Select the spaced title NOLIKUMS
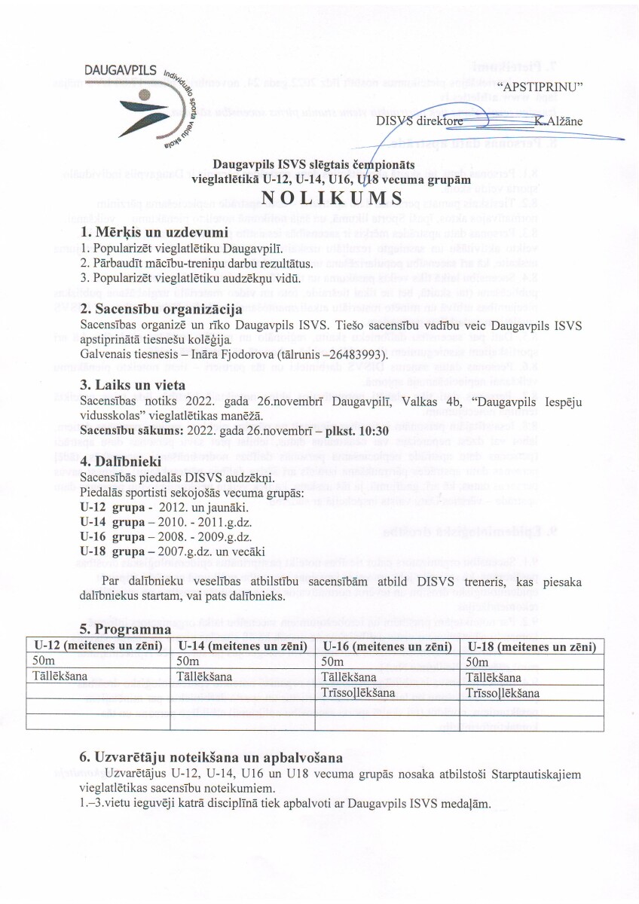[x=319, y=197]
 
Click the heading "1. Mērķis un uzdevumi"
[x=154, y=231]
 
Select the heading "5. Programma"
[x=126, y=629]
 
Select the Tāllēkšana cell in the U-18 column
[x=490, y=676]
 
